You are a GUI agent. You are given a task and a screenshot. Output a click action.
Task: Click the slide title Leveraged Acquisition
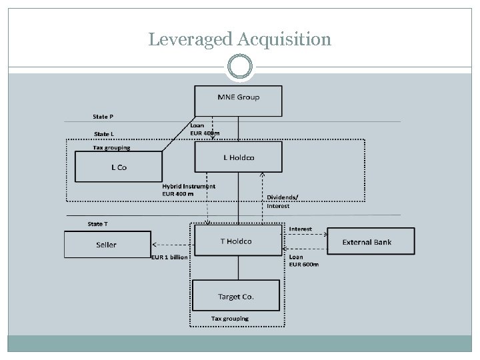click(239, 39)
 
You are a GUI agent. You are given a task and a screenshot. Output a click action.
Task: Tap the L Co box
click(119, 167)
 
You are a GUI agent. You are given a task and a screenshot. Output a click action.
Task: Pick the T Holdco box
click(237, 241)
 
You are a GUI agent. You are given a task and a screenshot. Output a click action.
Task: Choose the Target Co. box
click(237, 296)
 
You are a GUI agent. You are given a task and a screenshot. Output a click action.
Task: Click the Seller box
click(107, 245)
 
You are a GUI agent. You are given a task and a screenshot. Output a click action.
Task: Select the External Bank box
click(367, 242)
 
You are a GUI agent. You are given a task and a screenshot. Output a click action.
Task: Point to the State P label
click(103, 117)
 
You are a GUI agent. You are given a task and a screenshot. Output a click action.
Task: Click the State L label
click(103, 134)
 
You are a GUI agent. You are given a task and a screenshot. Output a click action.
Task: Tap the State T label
click(98, 224)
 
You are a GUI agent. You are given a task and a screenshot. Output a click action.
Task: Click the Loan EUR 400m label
click(204, 129)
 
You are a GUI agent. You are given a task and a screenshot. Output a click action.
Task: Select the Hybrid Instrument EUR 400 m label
click(189, 190)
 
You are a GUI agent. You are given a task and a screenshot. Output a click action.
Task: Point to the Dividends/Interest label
click(283, 201)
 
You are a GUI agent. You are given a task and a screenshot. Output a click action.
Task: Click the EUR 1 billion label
click(169, 257)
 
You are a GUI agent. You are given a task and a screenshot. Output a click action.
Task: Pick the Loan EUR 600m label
click(303, 261)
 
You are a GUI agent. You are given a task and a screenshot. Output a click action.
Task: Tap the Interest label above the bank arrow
click(300, 229)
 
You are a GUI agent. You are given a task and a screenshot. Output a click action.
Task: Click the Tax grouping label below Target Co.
click(229, 319)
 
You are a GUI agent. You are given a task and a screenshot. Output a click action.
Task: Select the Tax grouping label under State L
click(111, 147)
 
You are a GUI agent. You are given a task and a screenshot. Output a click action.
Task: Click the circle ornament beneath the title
click(239, 67)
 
